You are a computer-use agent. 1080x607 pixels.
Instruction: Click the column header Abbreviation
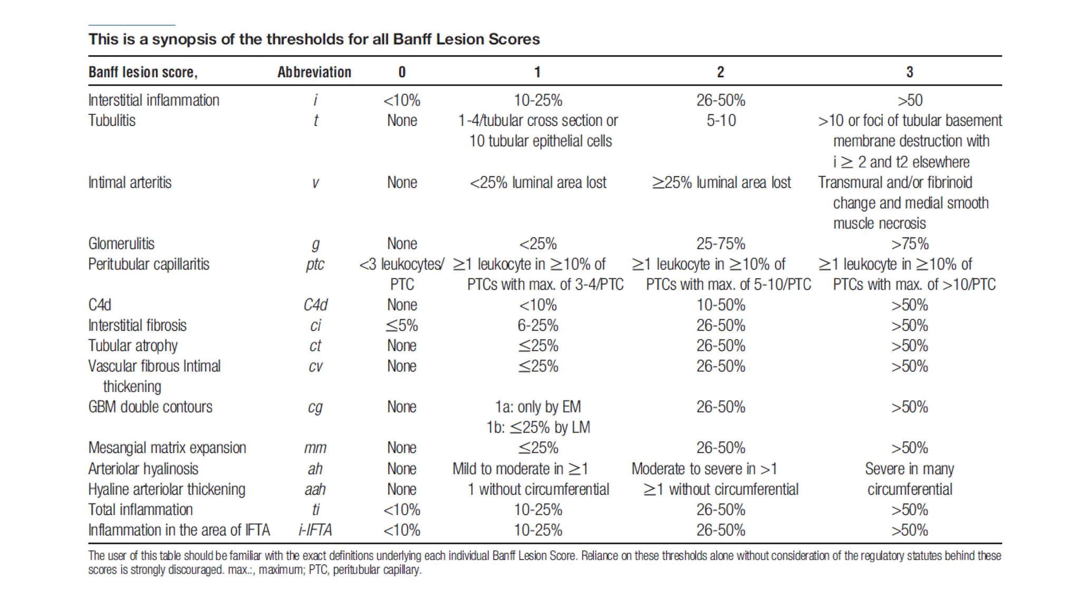tap(314, 72)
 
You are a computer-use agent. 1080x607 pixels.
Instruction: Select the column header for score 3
tap(909, 72)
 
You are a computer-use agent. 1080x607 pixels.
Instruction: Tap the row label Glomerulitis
tap(121, 243)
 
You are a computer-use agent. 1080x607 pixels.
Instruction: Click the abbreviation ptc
tap(315, 264)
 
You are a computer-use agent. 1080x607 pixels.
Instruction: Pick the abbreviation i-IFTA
tap(315, 530)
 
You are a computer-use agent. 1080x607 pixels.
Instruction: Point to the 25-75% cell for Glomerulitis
tap(720, 243)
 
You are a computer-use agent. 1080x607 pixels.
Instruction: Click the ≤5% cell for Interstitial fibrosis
tap(401, 326)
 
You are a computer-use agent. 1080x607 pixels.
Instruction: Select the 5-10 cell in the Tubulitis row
tap(721, 121)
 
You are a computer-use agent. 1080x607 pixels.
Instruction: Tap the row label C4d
tap(100, 305)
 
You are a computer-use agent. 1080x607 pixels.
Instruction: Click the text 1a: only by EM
tap(537, 407)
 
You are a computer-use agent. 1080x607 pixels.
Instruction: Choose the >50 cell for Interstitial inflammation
tap(910, 100)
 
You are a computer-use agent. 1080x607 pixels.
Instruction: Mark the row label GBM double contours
tap(150, 407)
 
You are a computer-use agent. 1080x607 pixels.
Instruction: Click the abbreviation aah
tap(315, 489)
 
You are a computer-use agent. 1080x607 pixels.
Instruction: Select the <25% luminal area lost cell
tap(538, 182)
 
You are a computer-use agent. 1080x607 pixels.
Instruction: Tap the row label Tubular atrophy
tap(133, 346)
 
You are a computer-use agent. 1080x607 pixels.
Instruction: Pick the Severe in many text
tap(909, 469)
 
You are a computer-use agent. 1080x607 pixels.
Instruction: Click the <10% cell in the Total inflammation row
tap(401, 510)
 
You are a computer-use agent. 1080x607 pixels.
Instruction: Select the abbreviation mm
tap(315, 448)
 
